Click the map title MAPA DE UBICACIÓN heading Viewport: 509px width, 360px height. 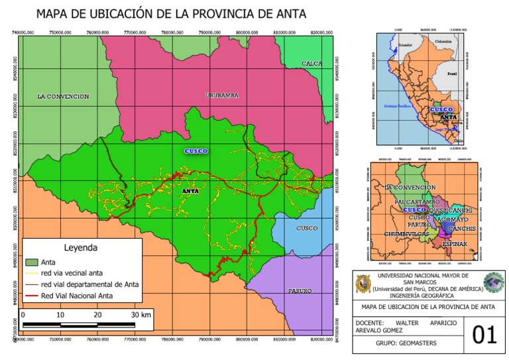pos(171,13)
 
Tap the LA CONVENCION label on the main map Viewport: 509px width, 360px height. pos(63,97)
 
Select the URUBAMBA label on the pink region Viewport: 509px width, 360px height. pos(221,95)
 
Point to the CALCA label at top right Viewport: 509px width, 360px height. pos(311,64)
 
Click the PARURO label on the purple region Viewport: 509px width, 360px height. pos(300,291)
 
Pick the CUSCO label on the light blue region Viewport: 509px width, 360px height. pos(307,228)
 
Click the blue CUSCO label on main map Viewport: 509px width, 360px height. pos(196,151)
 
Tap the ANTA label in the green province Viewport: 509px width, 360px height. pos(190,192)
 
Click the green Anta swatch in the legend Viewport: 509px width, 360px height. pos(32,262)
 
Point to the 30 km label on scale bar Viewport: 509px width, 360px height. pos(141,314)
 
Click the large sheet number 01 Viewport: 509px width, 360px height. pos(484,335)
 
